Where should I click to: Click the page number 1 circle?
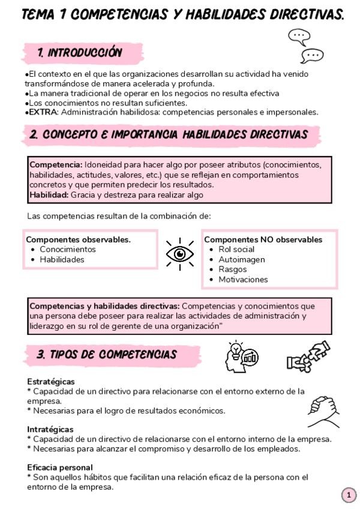pos(349,495)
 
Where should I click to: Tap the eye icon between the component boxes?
pos(180,254)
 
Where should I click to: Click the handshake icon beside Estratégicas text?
pos(323,411)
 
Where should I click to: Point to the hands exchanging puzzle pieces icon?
pos(308,357)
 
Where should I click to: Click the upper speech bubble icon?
pos(299,37)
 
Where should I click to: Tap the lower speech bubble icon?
pos(312,56)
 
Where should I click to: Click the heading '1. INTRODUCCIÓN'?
pos(79,53)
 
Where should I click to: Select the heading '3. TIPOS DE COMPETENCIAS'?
pos(106,355)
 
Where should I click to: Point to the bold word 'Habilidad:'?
pos(49,194)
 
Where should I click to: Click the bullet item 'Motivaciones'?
pos(243,279)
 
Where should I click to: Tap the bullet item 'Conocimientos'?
pos(67,249)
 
